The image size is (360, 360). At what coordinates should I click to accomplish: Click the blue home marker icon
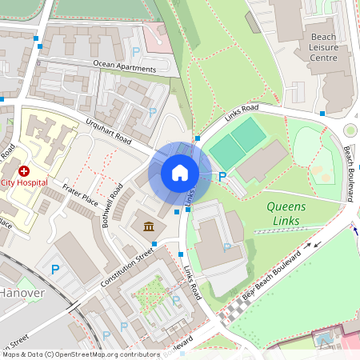[180, 173]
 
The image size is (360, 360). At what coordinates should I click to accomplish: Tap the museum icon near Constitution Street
[150, 227]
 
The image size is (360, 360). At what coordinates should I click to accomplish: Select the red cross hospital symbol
[24, 171]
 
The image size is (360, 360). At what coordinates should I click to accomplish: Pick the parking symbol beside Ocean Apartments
[136, 52]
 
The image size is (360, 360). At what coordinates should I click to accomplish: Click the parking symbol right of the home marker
[223, 176]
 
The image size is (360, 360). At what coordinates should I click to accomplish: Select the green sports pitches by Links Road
[238, 143]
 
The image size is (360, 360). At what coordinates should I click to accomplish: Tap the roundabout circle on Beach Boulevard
[350, 130]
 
